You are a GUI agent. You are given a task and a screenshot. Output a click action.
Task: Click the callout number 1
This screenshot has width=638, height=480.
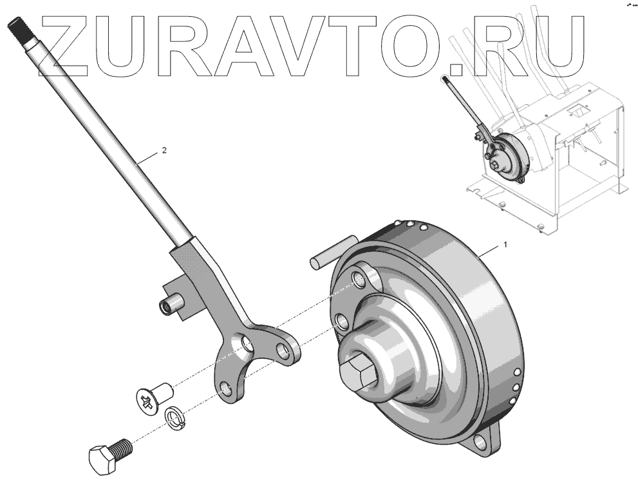click(x=505, y=245)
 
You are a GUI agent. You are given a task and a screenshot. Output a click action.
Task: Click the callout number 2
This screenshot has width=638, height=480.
click(x=164, y=150)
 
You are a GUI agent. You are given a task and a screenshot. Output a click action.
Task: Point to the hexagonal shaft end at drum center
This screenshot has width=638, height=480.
click(x=357, y=373)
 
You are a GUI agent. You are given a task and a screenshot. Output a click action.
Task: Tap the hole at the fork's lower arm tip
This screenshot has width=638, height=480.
click(x=225, y=388)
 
